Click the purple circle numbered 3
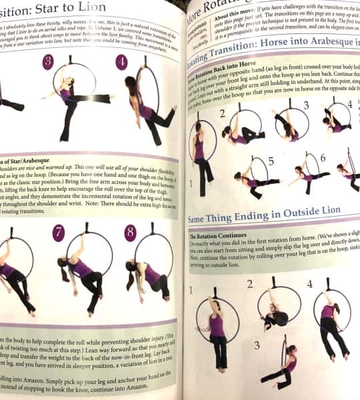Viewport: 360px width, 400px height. point(48,63)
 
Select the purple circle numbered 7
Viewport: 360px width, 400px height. point(59,233)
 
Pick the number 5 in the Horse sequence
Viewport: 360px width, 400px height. point(271,161)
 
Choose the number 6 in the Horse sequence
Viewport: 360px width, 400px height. point(323,157)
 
